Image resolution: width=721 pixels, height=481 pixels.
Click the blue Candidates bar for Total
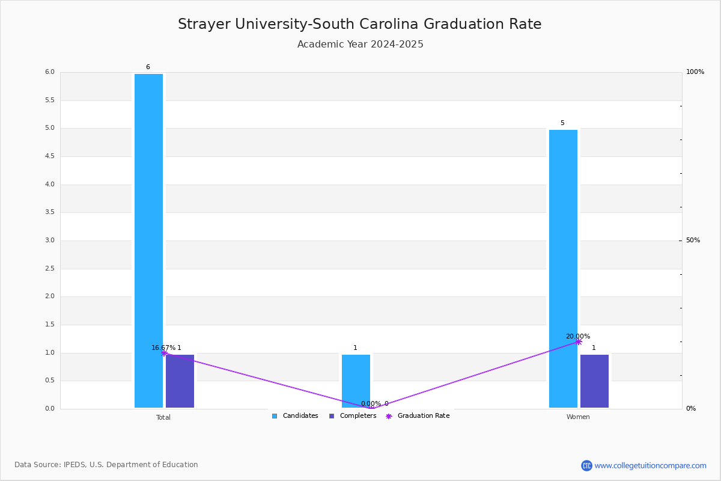[149, 240]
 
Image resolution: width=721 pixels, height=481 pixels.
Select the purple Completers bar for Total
[180, 381]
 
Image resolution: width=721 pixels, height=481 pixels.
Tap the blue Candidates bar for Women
[564, 269]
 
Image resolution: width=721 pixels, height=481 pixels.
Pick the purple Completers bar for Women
[594, 381]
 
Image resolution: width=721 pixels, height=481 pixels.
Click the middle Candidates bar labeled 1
[356, 381]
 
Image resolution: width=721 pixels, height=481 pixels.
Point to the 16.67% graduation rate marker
[164, 353]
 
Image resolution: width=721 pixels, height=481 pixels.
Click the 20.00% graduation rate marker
[579, 342]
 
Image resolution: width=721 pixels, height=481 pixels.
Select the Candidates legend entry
[295, 416]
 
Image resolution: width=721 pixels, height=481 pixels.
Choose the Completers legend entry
[353, 416]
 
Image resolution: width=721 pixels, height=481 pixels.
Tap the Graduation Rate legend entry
[418, 416]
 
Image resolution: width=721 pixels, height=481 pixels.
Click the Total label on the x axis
[163, 417]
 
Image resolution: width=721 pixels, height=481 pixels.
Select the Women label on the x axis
[578, 417]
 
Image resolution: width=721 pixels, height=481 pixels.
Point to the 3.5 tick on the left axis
[50, 212]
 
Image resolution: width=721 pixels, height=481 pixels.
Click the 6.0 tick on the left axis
[50, 72]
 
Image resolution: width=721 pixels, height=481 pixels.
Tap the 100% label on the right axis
[695, 72]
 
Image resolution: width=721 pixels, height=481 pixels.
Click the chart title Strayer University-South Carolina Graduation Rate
[360, 24]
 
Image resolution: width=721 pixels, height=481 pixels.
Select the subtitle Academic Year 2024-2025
[360, 44]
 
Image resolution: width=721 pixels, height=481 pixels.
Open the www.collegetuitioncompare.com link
[650, 465]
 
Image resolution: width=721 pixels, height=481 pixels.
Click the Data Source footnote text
[106, 465]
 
